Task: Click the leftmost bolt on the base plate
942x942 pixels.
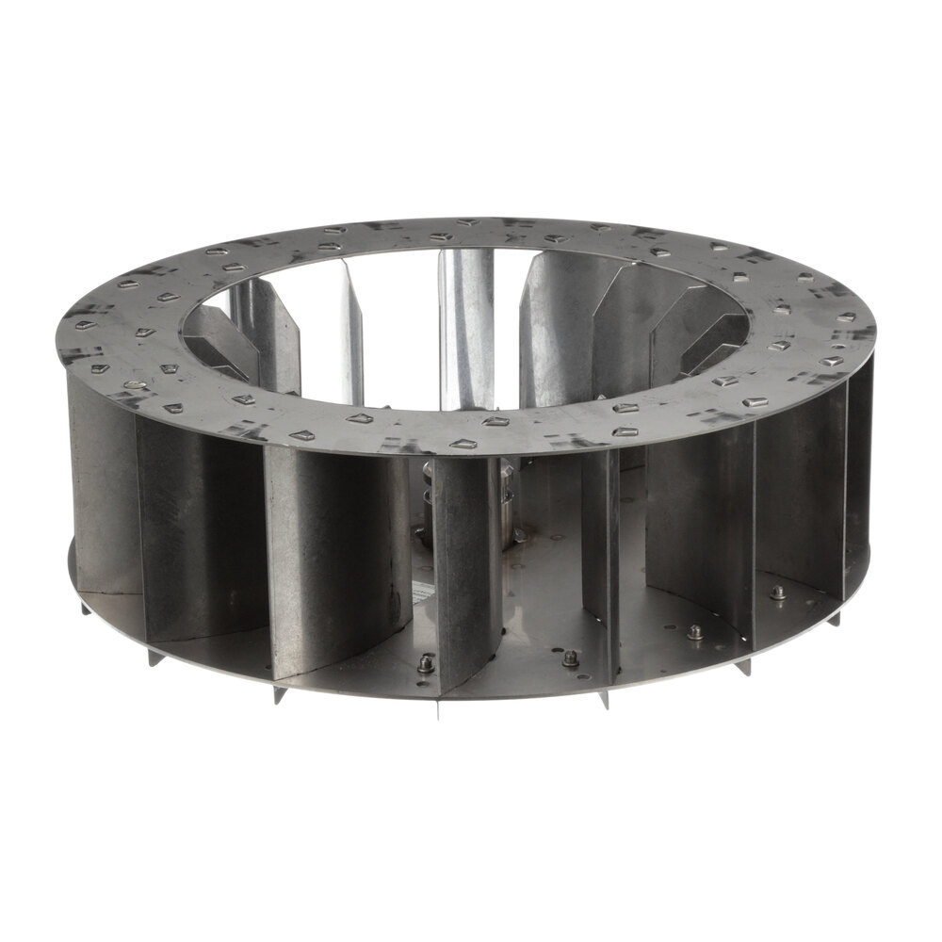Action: [x=423, y=664]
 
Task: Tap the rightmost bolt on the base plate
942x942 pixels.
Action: [x=778, y=592]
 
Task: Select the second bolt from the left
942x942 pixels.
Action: [x=570, y=658]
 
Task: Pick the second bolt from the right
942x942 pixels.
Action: [x=694, y=631]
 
